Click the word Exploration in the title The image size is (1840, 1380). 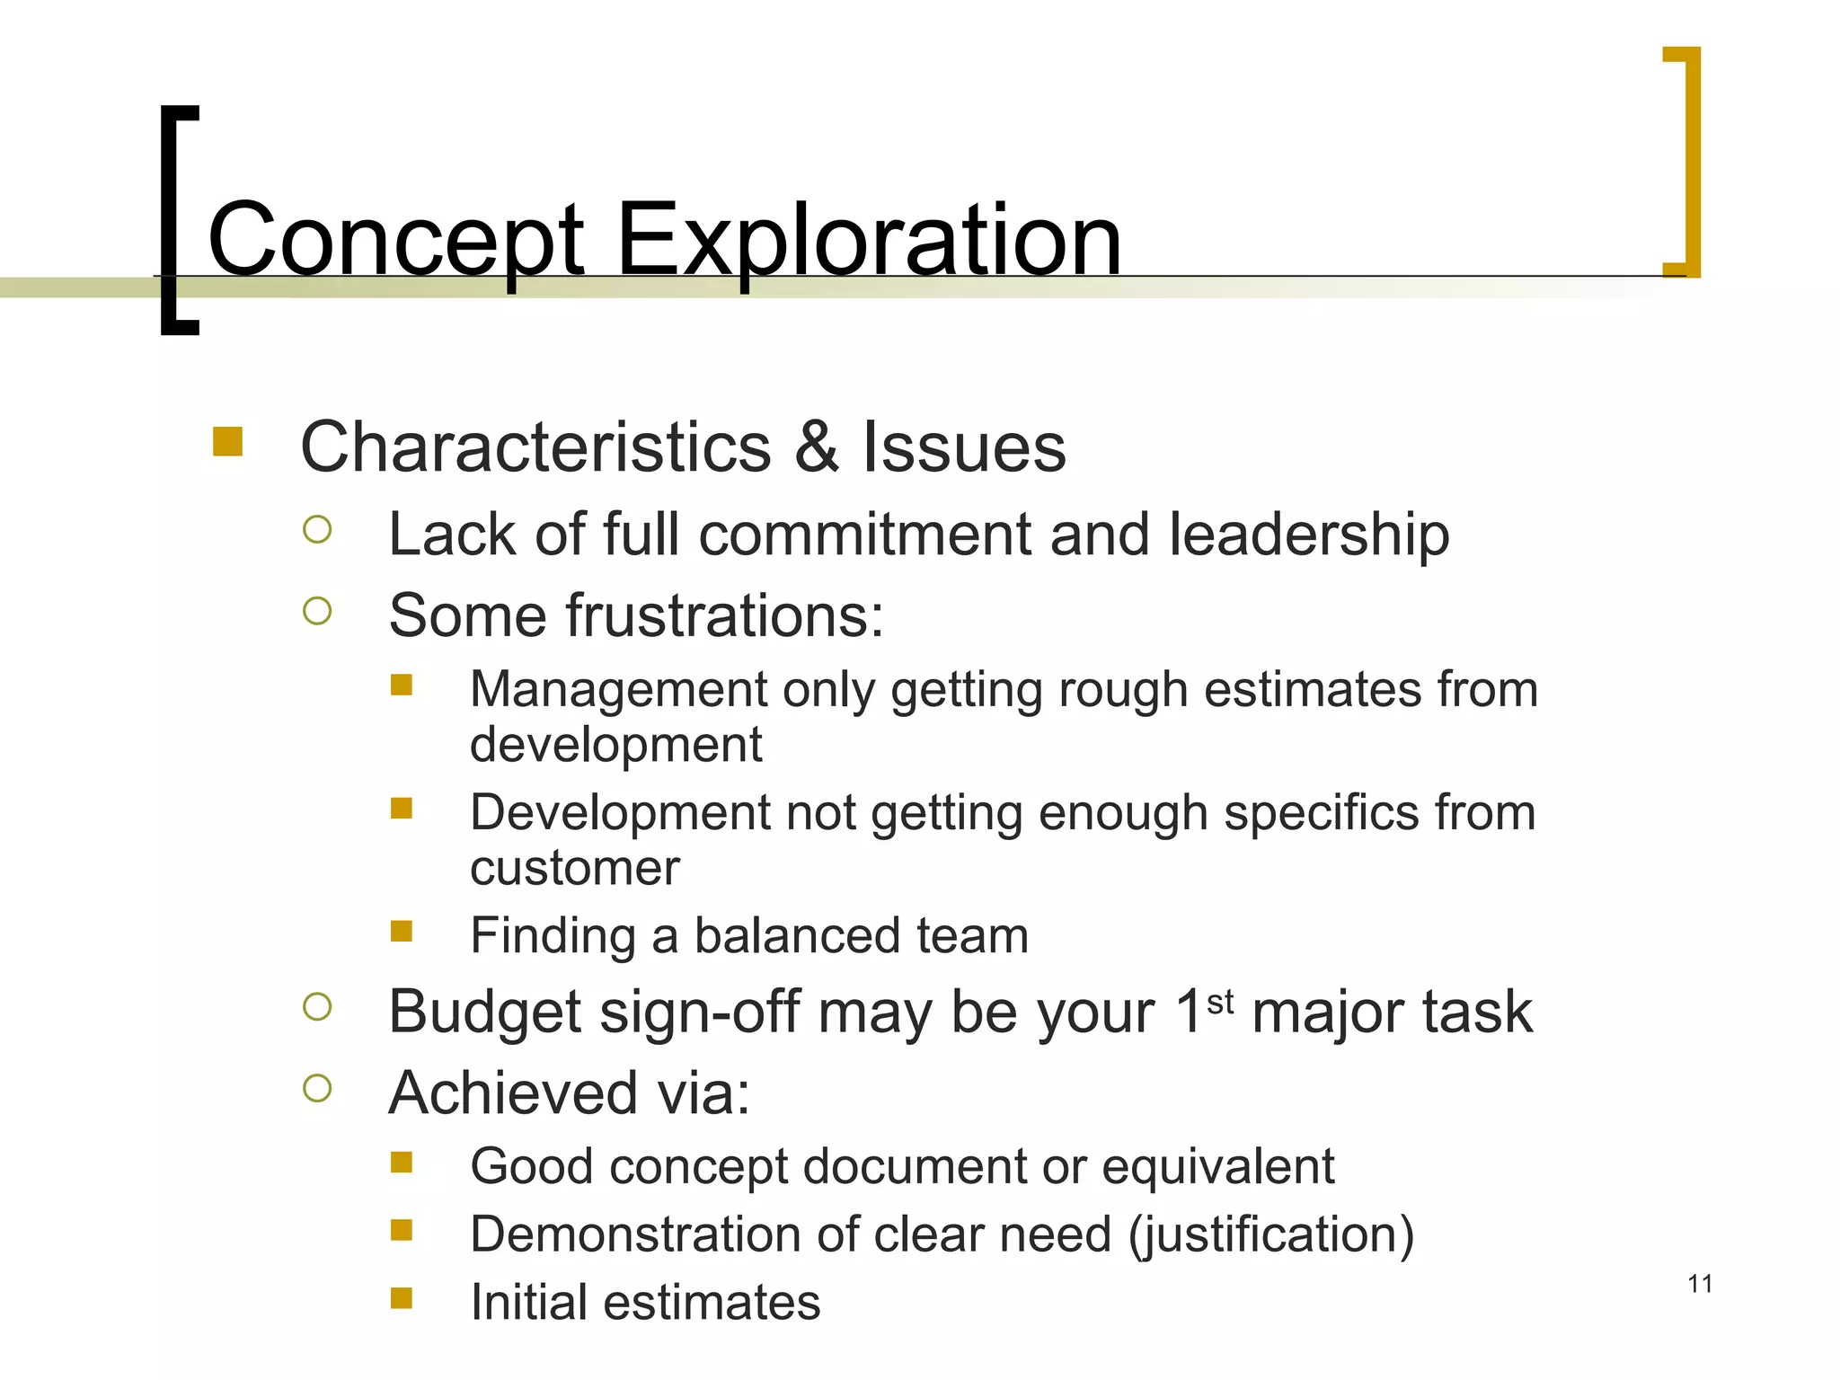[x=869, y=241]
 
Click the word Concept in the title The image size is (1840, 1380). [x=396, y=241]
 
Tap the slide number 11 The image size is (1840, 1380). [x=1700, y=1284]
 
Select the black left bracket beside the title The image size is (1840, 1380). [x=171, y=220]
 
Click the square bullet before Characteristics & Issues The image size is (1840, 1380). [x=228, y=442]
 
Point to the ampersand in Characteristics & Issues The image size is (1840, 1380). [x=817, y=447]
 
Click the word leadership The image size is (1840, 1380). [x=1309, y=535]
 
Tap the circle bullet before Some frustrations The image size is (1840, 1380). [x=317, y=612]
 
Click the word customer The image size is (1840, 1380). [x=574, y=868]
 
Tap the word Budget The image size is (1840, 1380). [x=485, y=1013]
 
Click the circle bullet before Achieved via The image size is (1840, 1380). [x=317, y=1089]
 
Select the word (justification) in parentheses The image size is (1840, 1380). [x=1271, y=1234]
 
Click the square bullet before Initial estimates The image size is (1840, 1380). [x=402, y=1298]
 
